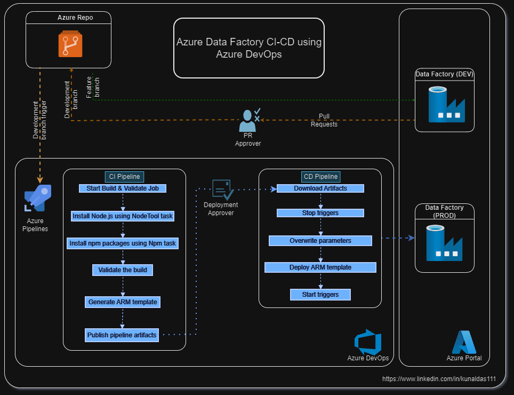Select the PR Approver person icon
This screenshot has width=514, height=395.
coord(249,120)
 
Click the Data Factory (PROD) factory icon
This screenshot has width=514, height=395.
coord(444,242)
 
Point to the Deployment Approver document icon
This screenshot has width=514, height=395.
coord(221,189)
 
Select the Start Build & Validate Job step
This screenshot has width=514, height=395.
coord(123,188)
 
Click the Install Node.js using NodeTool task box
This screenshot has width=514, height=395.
coord(123,216)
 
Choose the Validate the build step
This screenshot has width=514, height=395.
coord(123,270)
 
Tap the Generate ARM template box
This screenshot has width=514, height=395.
coord(123,302)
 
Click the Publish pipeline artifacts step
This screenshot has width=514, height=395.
coord(122,335)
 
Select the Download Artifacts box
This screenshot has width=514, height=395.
coord(320,188)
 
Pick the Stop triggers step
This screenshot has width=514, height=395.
coord(320,213)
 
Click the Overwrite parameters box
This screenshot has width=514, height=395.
coord(320,241)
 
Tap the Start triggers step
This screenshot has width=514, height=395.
coord(320,294)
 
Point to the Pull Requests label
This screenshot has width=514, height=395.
coord(324,120)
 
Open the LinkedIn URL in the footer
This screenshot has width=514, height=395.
coord(439,379)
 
